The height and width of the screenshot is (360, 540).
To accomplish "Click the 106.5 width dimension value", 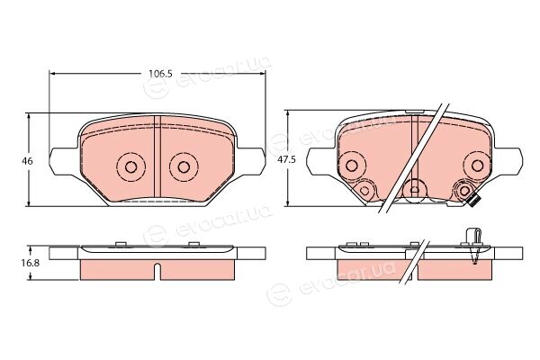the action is click(160, 74).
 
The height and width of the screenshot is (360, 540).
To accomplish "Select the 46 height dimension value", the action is click(27, 161).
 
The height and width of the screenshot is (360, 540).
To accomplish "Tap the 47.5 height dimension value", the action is click(286, 160).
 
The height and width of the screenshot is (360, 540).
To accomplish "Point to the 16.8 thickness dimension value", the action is click(31, 263).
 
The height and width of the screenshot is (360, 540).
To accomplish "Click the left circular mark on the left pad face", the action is click(130, 167).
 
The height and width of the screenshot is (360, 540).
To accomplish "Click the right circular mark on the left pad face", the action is click(184, 167).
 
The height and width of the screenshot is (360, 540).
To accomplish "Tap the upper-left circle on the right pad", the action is click(351, 166).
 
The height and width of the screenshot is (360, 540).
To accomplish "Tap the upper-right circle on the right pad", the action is click(477, 166).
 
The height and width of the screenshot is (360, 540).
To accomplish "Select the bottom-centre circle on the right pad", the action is click(415, 190).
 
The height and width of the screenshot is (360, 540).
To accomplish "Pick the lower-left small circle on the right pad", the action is click(364, 190).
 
